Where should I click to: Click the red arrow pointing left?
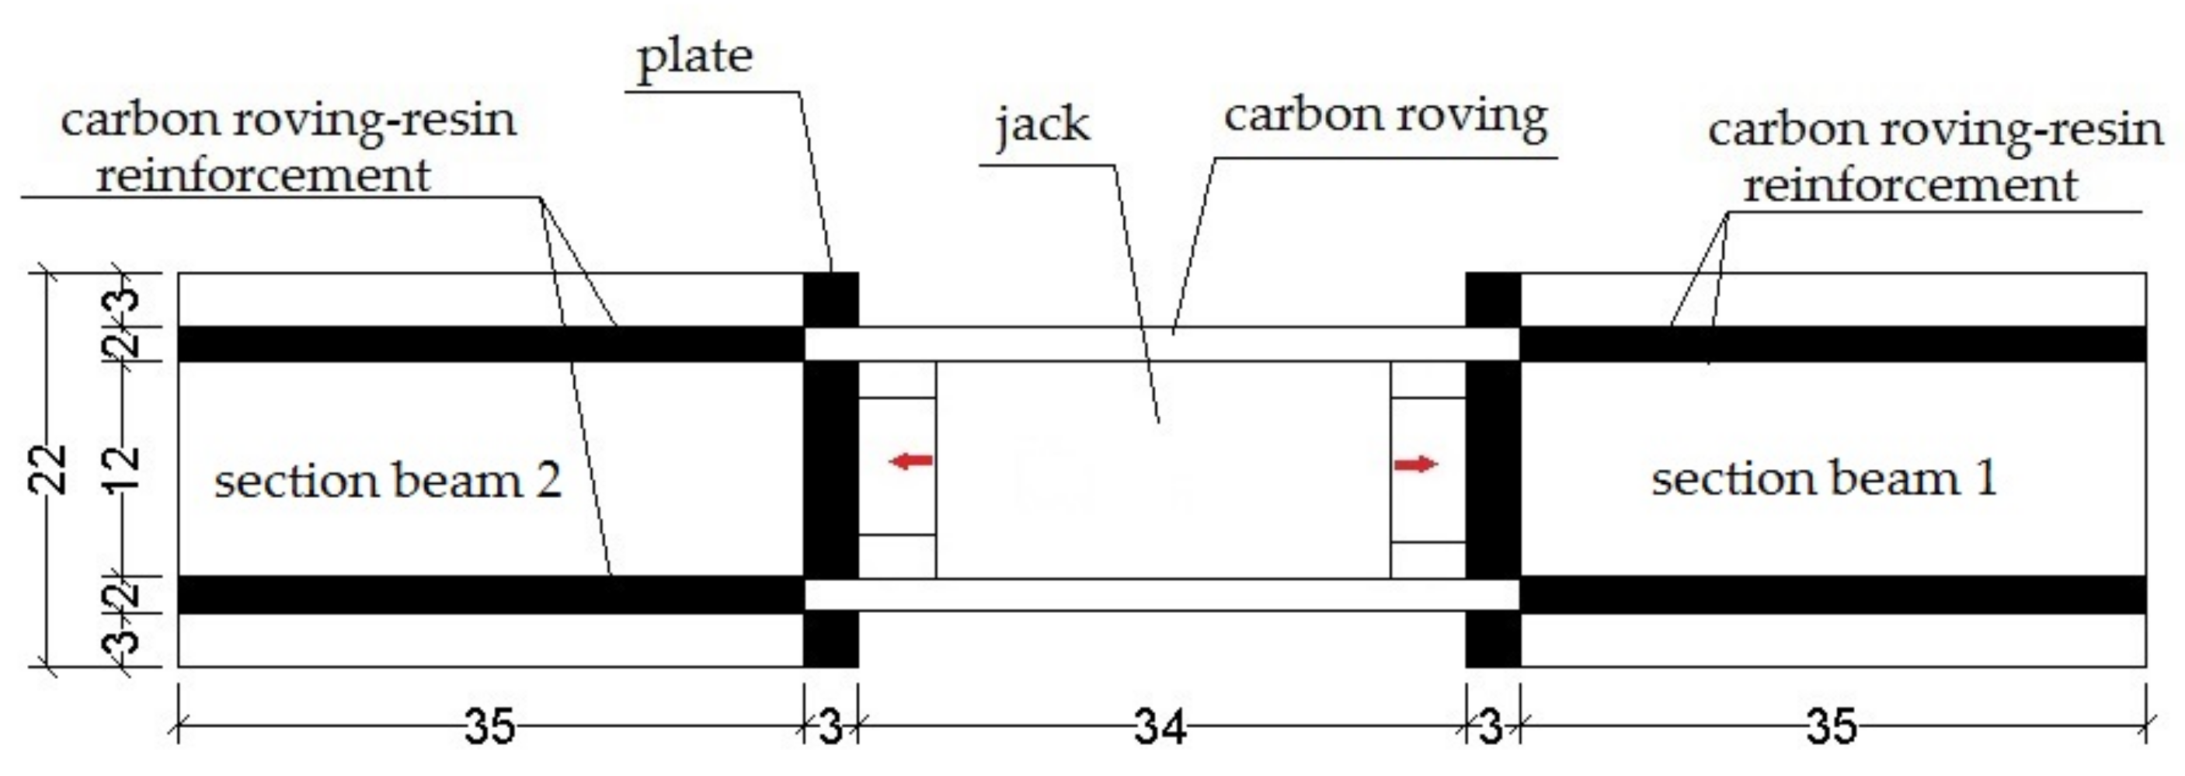click(910, 461)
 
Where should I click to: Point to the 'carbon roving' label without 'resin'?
click(1384, 117)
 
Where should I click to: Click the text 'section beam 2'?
click(388, 481)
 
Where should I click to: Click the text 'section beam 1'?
click(1824, 479)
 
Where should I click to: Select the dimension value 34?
click(1160, 728)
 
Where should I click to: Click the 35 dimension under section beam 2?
click(489, 728)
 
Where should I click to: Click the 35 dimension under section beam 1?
click(1832, 728)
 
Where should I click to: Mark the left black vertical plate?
click(830, 471)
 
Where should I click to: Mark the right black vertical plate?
click(1493, 471)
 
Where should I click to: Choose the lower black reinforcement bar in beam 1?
click(1832, 594)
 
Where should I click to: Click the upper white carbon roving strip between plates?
click(1162, 344)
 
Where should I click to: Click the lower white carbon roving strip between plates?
click(1162, 594)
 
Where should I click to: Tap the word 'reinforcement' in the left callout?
click(263, 176)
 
